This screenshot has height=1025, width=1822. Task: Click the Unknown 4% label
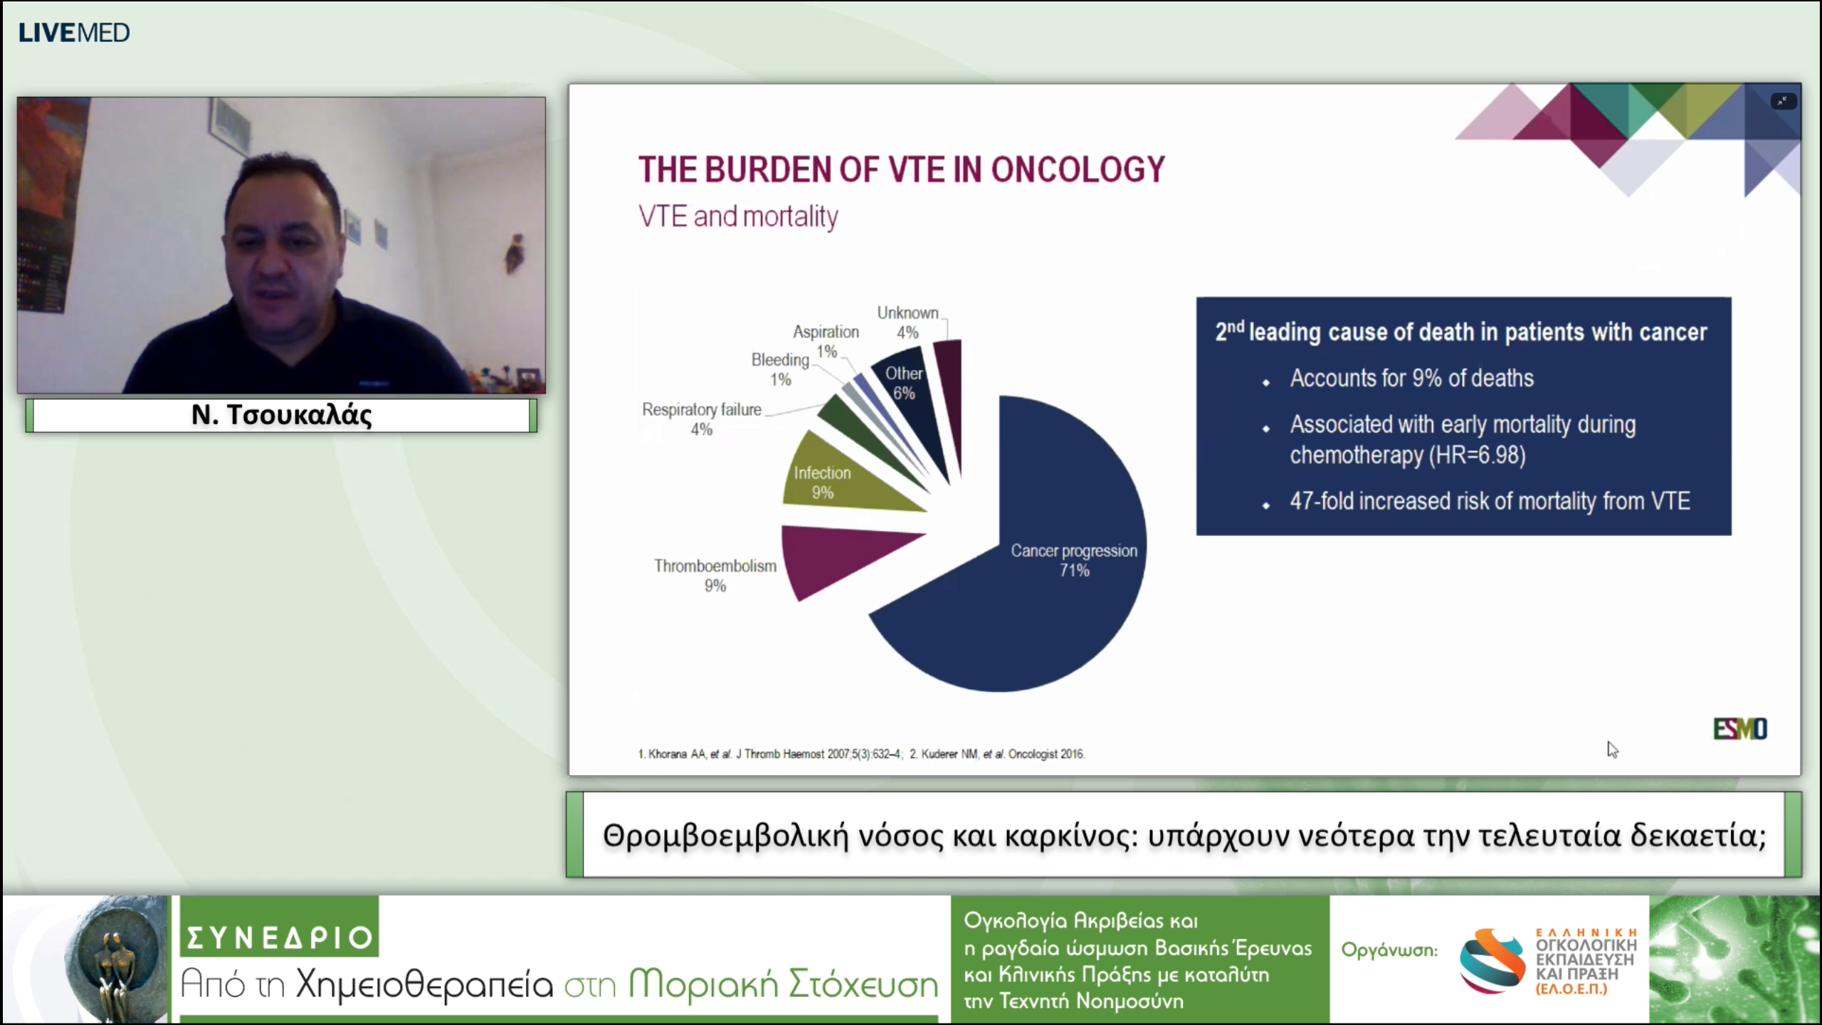pos(907,322)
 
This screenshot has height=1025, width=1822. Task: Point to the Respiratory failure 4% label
pos(702,419)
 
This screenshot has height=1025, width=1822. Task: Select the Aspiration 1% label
pos(826,342)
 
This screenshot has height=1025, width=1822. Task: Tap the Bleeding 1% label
pos(780,369)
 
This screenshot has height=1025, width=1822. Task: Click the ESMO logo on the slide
pos(1739,729)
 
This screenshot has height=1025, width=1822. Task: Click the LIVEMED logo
pos(74,33)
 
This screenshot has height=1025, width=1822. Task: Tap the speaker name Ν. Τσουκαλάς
pos(282,415)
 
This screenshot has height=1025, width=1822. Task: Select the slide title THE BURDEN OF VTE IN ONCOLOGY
pos(901,169)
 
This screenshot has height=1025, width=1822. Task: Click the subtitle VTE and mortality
pos(738,216)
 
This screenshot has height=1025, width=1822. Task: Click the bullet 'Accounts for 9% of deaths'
pos(1411,378)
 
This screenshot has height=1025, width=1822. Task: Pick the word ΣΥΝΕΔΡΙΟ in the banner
pos(280,937)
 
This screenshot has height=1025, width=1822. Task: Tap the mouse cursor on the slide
pos(1612,750)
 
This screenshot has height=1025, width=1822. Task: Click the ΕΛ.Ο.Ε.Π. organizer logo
pos(1548,961)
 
